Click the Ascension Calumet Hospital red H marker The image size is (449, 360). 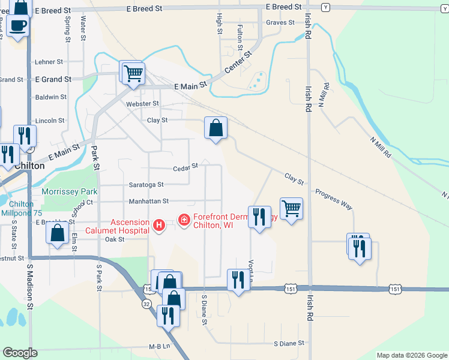[x=158, y=225]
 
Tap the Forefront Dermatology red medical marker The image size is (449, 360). [x=184, y=221]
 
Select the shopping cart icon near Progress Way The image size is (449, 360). [x=291, y=209]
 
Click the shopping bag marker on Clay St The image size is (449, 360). [x=215, y=128]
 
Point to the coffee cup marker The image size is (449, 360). [x=19, y=25]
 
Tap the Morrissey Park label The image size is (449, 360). [x=69, y=192]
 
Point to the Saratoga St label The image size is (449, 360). [x=146, y=185]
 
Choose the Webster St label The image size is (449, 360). [x=142, y=104]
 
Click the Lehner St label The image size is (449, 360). [x=49, y=62]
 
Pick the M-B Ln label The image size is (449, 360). [x=160, y=347]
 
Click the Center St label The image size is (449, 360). [x=237, y=62]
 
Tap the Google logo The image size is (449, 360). [x=20, y=353]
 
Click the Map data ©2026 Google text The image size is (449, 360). [x=411, y=355]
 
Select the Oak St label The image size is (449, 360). [x=114, y=239]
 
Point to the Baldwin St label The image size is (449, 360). [x=51, y=97]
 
